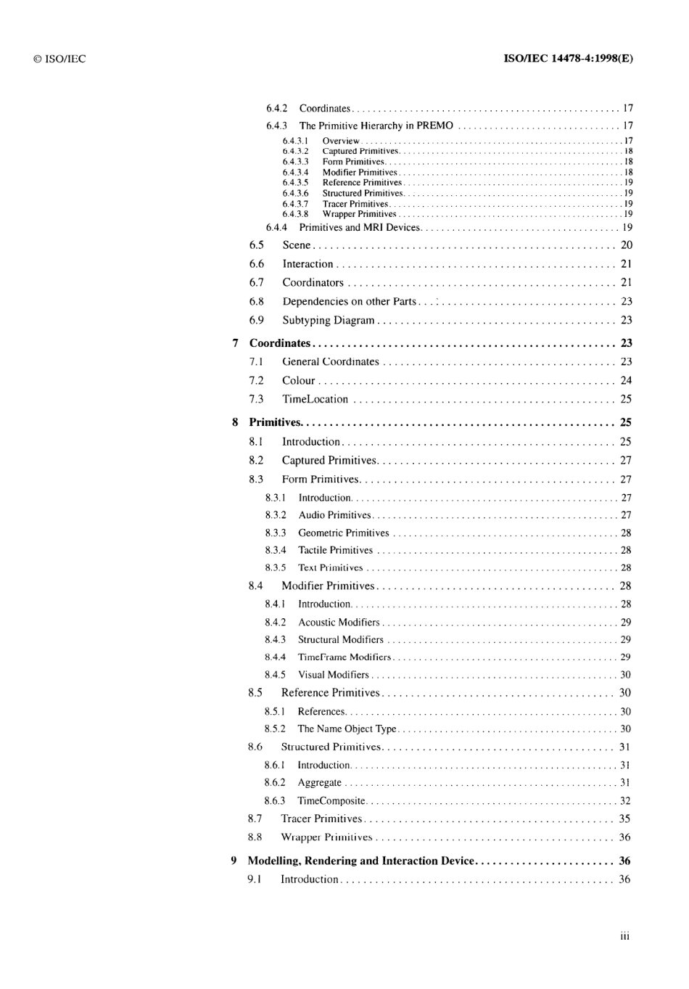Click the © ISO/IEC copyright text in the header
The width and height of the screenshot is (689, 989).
point(59,59)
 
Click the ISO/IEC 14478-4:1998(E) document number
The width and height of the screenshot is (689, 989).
point(568,59)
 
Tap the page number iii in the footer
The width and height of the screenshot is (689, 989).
point(625,937)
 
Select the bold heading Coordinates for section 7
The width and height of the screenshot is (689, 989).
point(280,343)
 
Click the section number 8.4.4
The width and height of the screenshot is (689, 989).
point(275,657)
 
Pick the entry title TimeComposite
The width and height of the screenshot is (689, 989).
point(331,801)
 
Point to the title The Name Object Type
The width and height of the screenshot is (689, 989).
point(347,729)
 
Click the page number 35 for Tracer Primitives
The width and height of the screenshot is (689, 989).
point(624,819)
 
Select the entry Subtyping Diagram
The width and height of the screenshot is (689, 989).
point(329,320)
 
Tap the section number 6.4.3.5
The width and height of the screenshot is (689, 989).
point(295,183)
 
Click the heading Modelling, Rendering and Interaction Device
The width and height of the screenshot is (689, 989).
point(360,861)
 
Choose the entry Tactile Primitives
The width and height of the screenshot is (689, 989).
point(335,551)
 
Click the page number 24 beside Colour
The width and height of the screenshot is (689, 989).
point(626,380)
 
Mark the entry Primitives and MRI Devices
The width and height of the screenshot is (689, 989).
point(360,227)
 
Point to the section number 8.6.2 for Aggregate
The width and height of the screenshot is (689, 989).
point(275,783)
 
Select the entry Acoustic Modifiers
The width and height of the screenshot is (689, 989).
point(339,623)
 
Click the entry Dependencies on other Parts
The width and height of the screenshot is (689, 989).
point(349,302)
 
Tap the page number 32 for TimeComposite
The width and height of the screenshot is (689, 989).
point(625,801)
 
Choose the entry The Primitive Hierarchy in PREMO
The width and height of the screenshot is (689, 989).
point(376,126)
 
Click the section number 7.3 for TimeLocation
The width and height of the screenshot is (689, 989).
point(256,399)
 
